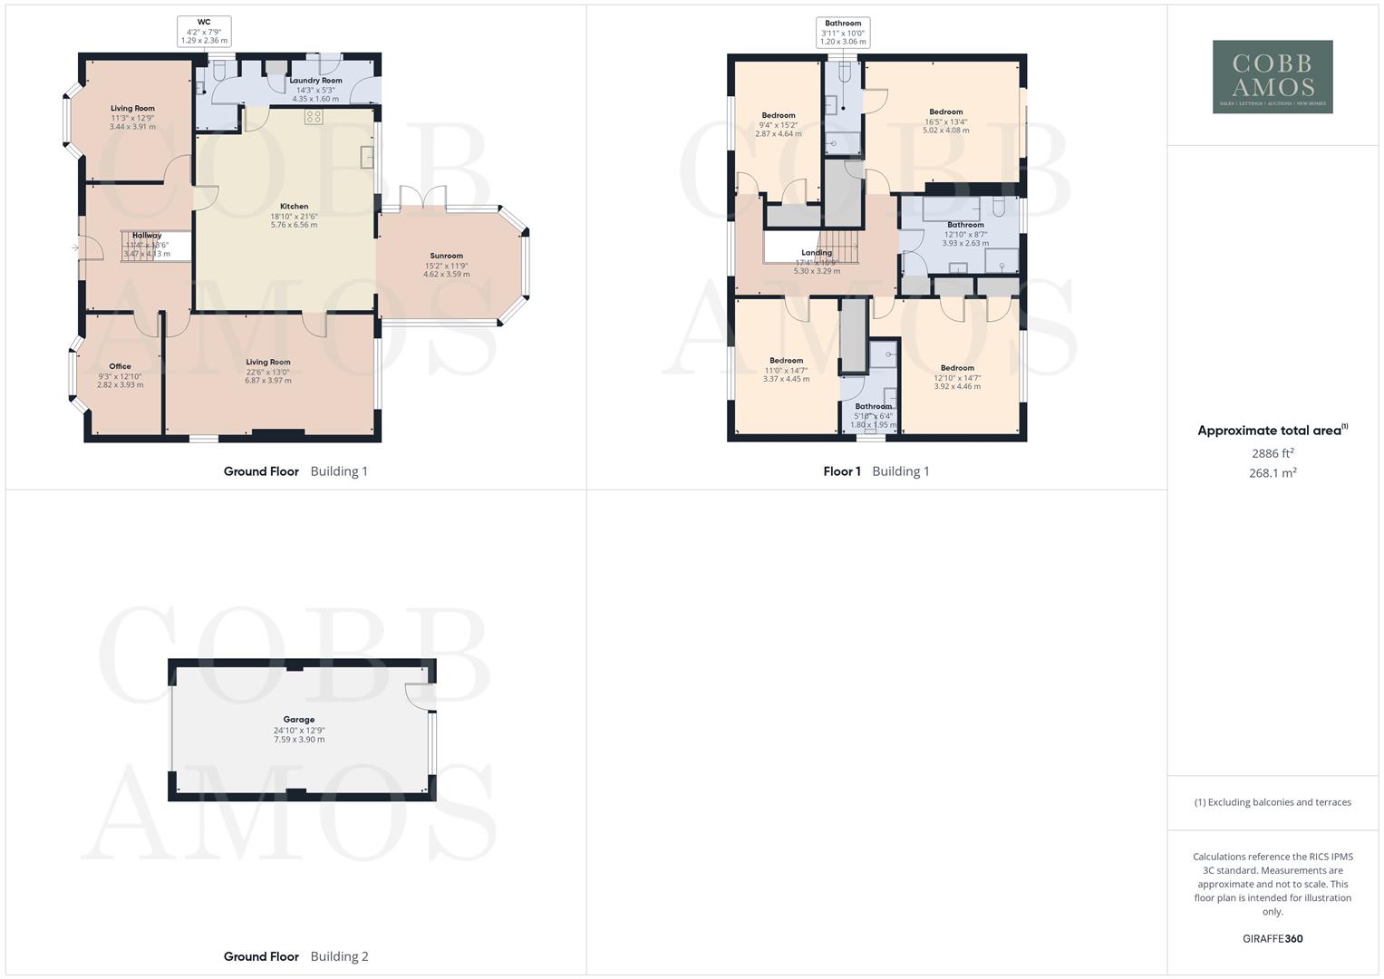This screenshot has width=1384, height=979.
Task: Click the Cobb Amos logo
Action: (x=1272, y=77)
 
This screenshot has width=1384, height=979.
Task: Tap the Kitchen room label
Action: (x=294, y=207)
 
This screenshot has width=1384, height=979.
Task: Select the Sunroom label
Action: (x=446, y=257)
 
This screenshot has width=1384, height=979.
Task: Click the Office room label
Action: (x=120, y=367)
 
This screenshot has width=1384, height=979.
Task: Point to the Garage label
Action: (x=299, y=720)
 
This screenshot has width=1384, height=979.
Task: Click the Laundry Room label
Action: (x=315, y=81)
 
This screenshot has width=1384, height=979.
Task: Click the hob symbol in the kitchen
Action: (x=314, y=116)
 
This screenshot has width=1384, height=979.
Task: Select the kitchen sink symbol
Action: (x=367, y=157)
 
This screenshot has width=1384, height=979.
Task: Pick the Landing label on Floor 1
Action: (x=817, y=253)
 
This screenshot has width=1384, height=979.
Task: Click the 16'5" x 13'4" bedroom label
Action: (x=945, y=112)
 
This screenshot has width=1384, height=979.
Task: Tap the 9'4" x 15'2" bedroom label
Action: (x=779, y=116)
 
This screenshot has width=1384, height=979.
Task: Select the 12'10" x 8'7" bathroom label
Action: (x=965, y=225)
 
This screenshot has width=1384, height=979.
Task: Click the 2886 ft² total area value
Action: (x=1273, y=453)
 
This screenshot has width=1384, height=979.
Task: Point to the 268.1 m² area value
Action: (x=1273, y=473)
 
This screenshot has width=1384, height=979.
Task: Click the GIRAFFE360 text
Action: (x=1273, y=939)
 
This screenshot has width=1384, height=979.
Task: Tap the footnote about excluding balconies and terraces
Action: (x=1273, y=802)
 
